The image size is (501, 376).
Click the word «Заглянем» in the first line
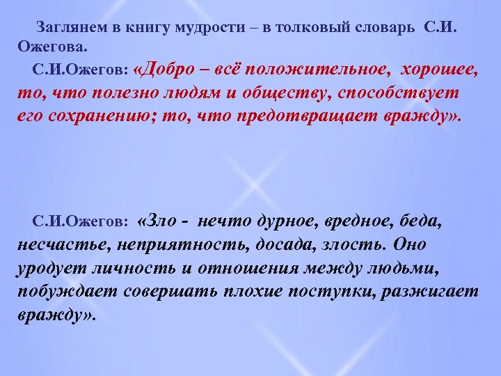67,29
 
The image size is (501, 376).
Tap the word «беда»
422,221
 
